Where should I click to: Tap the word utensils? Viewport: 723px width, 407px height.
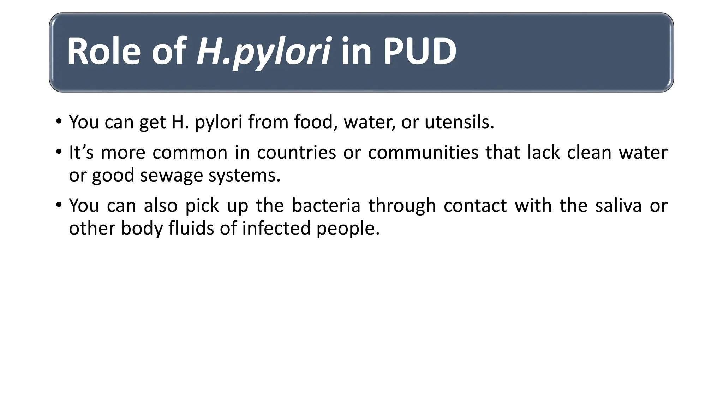[x=459, y=122]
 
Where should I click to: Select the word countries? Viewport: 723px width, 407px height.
[x=296, y=153]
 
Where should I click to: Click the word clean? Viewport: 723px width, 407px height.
[x=588, y=153]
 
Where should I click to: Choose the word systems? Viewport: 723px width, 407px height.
[x=244, y=176]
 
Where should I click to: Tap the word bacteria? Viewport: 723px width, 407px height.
[x=326, y=205]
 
